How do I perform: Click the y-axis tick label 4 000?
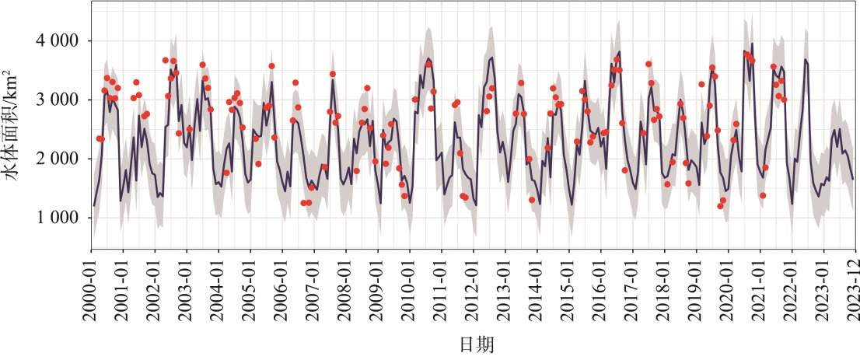[58, 40]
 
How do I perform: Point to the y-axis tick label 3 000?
[58, 100]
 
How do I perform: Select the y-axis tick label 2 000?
[58, 159]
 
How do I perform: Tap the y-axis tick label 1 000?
[58, 218]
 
